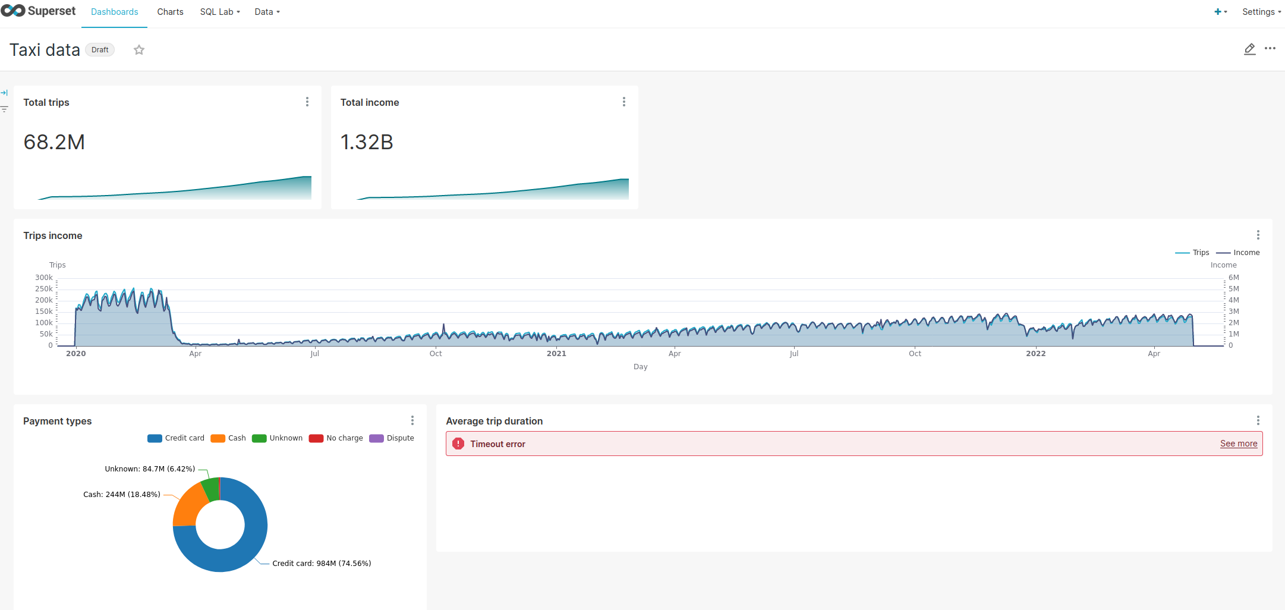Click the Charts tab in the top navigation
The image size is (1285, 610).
click(170, 12)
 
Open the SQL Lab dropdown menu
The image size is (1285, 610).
click(219, 12)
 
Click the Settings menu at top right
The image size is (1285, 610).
click(1261, 12)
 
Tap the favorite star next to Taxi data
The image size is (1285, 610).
click(139, 50)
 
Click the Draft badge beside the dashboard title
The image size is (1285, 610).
click(100, 50)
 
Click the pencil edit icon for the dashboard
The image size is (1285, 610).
click(1249, 49)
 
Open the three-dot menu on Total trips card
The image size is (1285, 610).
click(307, 102)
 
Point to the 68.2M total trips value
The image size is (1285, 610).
click(54, 142)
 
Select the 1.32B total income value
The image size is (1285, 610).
click(367, 142)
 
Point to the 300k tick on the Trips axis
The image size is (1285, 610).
click(44, 278)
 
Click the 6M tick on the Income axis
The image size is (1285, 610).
click(1234, 278)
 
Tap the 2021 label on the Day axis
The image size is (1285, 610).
click(556, 354)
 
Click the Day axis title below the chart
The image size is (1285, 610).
click(640, 367)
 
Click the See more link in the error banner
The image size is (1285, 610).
click(1239, 444)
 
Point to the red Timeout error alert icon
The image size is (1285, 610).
click(458, 444)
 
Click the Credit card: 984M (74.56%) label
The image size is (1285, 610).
click(322, 564)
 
